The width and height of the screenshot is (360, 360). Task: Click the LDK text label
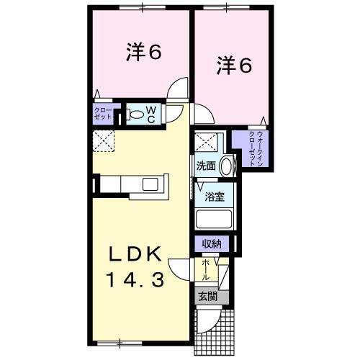(x=139, y=255)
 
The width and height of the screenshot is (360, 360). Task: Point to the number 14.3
(x=140, y=279)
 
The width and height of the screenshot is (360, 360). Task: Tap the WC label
(x=152, y=114)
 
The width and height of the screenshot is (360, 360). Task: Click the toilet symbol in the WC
(x=135, y=114)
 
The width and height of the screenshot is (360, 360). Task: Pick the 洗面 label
(x=206, y=166)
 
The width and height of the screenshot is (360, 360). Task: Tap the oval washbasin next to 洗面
(x=226, y=166)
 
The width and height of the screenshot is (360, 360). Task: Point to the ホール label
(x=207, y=269)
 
